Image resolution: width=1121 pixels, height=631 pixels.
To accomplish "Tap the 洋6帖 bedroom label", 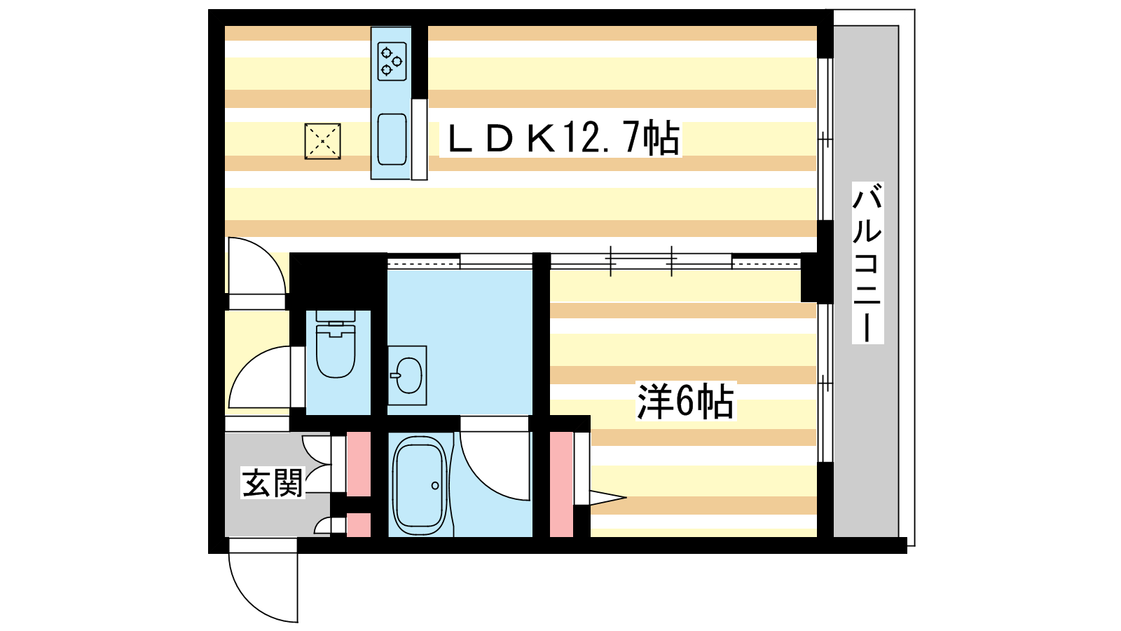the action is (685, 401).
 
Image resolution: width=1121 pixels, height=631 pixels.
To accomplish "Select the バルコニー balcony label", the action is (868, 263).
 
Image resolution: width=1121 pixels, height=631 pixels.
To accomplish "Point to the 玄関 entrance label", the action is (273, 483).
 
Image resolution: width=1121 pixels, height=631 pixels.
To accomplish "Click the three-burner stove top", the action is (392, 61).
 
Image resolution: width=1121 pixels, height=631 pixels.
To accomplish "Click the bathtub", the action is (420, 483).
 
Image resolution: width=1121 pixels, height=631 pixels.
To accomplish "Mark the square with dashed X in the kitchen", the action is (323, 142).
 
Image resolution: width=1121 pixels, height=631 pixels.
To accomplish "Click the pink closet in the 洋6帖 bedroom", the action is (561, 484).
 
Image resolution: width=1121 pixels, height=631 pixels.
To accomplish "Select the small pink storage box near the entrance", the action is (358, 525).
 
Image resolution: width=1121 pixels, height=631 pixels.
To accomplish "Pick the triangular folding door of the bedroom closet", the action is (608, 498).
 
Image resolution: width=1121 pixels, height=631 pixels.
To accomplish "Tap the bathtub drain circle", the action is (435, 485).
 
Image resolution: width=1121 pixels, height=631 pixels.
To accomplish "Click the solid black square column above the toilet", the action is (338, 281).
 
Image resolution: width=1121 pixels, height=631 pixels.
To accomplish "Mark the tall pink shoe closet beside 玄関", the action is (358, 463).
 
